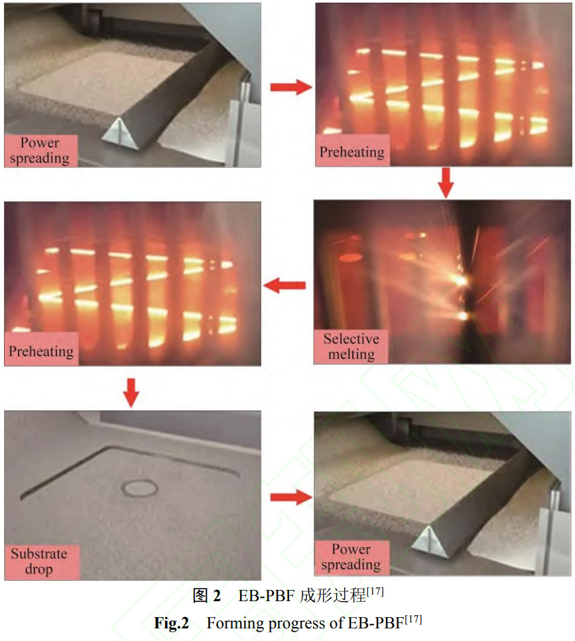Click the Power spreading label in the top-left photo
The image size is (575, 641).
click(40, 151)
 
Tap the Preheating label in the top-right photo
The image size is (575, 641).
click(352, 152)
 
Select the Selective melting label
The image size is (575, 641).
click(351, 346)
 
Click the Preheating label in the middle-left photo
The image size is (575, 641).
click(41, 350)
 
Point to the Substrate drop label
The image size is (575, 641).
click(39, 561)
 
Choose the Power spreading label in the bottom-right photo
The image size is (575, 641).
click(351, 557)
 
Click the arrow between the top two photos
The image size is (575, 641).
click(291, 87)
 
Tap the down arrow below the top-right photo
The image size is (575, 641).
click(446, 182)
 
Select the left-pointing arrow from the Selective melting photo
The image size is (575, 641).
click(285, 285)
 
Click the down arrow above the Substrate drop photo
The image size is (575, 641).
click(131, 393)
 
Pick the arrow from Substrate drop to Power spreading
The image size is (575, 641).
click(291, 497)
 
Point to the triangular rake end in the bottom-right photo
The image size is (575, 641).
click(429, 543)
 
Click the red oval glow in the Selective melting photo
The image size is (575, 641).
click(351, 257)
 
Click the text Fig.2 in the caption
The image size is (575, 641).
click(171, 623)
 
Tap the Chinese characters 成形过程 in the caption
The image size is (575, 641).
click(333, 595)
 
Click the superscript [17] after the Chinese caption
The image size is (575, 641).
click(375, 591)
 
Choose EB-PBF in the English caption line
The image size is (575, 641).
click(375, 623)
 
